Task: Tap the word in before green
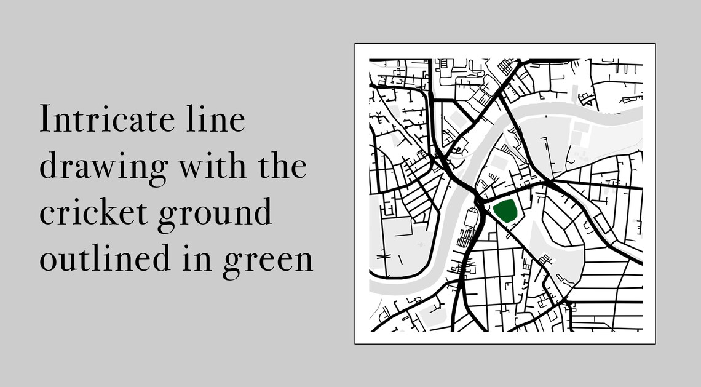[196, 259]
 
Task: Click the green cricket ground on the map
[505, 211]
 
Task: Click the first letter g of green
[231, 263]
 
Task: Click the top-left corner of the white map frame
[355, 44]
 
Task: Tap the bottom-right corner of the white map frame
[655, 344]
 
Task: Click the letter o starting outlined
[48, 262]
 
